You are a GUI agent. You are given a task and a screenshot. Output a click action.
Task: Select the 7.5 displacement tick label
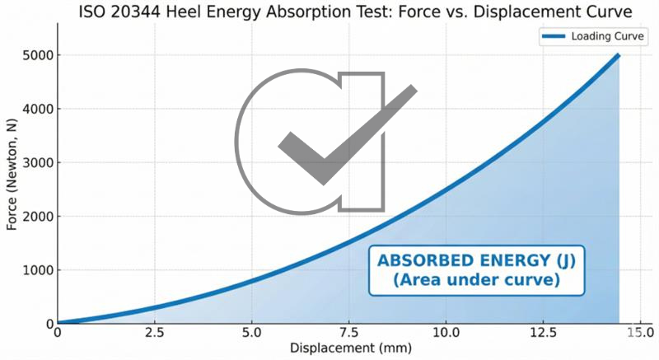[x=349, y=333]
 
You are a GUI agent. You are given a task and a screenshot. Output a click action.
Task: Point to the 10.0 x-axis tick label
[x=446, y=333]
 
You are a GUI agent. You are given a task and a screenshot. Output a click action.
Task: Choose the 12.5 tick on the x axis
[x=543, y=333]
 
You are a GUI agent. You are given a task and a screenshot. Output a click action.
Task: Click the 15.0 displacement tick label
[x=639, y=333]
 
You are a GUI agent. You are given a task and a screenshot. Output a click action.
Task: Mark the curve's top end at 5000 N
[x=619, y=55]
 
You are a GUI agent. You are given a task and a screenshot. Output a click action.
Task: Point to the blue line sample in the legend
[x=554, y=37]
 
